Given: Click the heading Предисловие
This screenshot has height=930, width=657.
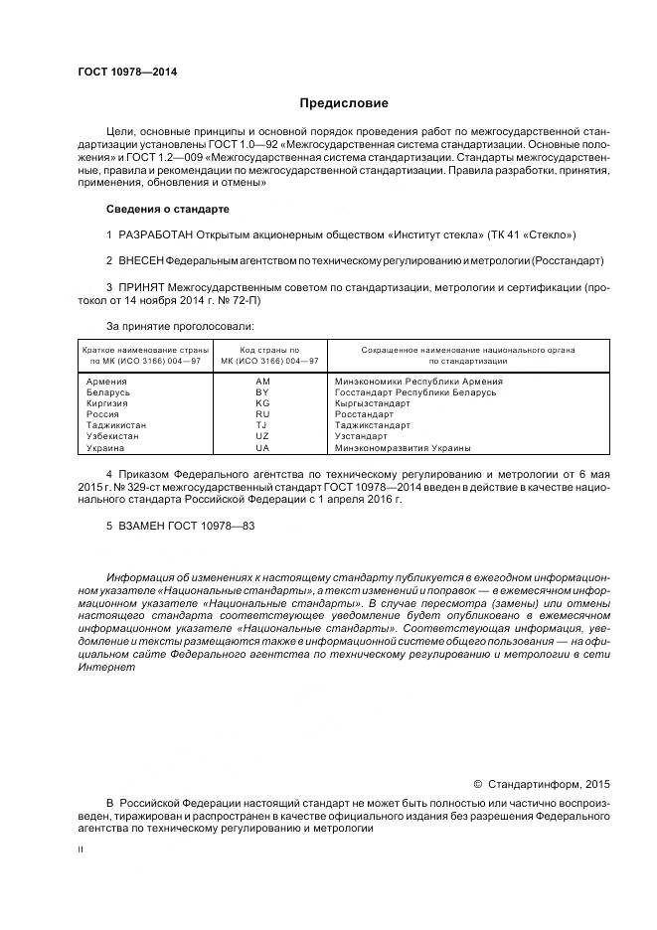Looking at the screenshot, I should (x=344, y=103).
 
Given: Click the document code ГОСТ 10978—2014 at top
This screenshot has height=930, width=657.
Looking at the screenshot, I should (x=121, y=73).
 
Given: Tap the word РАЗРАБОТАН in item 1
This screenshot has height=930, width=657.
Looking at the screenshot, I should (x=165, y=234).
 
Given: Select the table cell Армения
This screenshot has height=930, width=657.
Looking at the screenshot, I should (x=106, y=382).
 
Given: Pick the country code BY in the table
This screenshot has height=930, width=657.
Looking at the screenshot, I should (x=262, y=392).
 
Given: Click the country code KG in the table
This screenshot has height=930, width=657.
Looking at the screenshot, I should (x=262, y=403).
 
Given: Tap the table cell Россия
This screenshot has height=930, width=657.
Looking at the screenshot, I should (x=102, y=414).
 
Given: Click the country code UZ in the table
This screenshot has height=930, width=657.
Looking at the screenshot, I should (x=262, y=436).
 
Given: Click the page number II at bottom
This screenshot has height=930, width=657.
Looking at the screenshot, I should (x=81, y=851).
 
